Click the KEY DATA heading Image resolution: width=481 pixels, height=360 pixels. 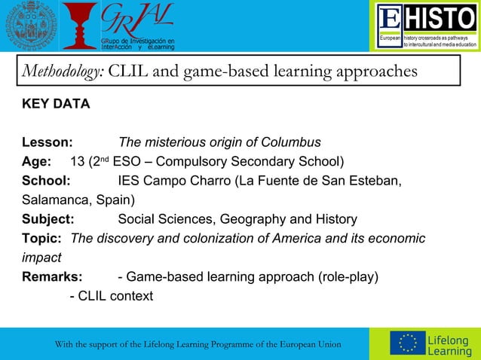56,104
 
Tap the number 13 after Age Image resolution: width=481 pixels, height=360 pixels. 78,162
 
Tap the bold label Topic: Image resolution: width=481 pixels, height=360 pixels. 41,239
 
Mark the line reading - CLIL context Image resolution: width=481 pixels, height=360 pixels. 111,296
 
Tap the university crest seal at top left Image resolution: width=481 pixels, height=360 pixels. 27,26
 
